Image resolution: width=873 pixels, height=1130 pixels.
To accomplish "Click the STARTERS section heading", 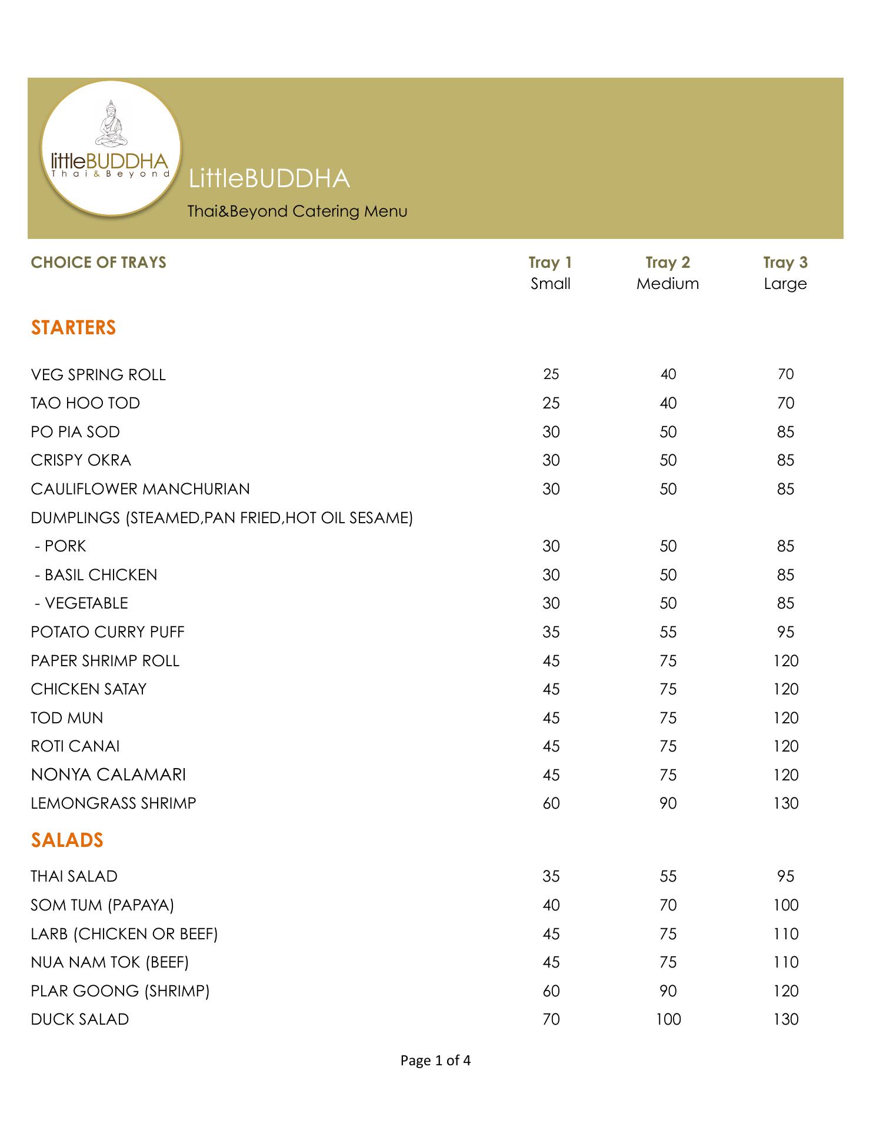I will click(74, 327).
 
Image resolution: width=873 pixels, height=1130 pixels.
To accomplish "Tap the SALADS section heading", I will click(67, 840).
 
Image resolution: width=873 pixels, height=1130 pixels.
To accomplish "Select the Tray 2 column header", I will click(668, 262).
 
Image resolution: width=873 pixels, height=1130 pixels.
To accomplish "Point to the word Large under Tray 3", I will click(785, 284).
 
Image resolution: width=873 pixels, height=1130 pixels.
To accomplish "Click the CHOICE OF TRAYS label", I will click(99, 262).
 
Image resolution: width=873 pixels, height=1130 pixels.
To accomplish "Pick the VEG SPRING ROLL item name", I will click(98, 375).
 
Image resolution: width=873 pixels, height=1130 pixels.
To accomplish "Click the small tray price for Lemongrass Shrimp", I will click(551, 803).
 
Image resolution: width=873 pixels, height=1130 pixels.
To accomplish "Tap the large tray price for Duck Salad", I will click(786, 1019).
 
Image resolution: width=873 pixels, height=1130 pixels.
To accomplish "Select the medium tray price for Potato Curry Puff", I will click(668, 632).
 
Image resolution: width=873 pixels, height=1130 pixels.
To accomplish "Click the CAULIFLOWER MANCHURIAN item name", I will click(141, 489).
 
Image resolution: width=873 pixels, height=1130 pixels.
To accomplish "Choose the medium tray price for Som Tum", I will click(668, 905).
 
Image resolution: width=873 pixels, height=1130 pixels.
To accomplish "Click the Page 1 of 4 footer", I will click(435, 1077).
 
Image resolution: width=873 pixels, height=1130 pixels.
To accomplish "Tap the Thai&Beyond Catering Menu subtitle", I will click(297, 211).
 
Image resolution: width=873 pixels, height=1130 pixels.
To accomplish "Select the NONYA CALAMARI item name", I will click(108, 775).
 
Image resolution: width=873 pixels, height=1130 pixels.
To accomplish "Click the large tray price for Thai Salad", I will click(786, 876).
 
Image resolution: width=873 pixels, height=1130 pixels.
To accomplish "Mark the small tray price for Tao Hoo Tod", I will click(551, 403).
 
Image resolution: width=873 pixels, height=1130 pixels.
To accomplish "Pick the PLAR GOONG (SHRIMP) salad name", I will click(120, 991).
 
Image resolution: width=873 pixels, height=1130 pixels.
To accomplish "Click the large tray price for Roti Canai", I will click(786, 746).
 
